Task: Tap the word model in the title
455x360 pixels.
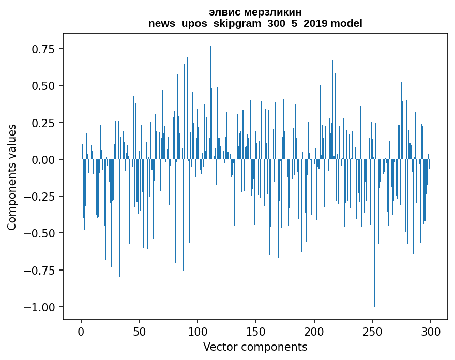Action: (x=347, y=23)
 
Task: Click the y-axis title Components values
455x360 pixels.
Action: (x=12, y=177)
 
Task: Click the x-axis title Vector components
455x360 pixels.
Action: (x=255, y=347)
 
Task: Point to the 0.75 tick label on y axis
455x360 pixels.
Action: (x=43, y=49)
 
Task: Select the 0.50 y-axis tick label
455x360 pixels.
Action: (x=43, y=86)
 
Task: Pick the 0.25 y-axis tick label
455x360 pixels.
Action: (x=43, y=123)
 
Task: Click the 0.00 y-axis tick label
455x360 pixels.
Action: (x=43, y=160)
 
